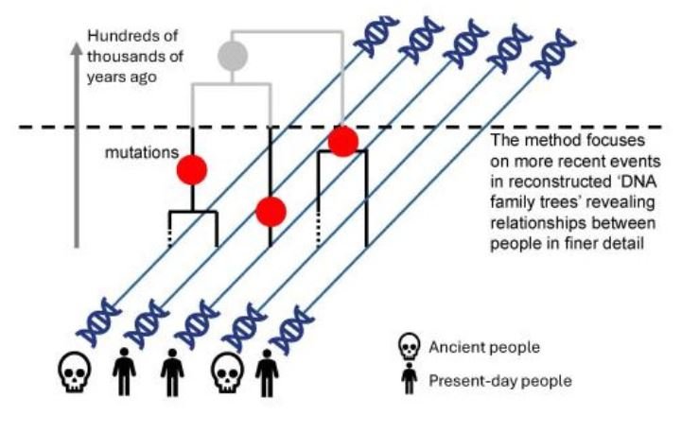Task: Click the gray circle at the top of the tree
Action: pos(232,56)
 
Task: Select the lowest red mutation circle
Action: pos(271,212)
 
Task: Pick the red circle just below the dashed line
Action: pos(342,141)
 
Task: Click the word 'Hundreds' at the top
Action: pos(119,37)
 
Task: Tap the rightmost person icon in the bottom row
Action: pos(267,374)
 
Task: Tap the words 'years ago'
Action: pos(119,77)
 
